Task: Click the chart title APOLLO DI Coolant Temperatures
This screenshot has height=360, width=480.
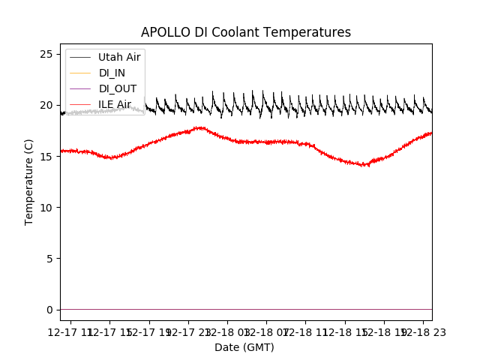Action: click(x=246, y=32)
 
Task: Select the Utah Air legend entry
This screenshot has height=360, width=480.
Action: click(x=119, y=57)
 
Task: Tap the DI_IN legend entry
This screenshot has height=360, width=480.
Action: click(x=112, y=73)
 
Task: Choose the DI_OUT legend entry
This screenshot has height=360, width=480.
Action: click(x=116, y=88)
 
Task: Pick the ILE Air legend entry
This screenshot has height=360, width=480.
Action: click(x=114, y=104)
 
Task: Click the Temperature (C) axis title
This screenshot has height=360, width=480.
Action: click(x=29, y=181)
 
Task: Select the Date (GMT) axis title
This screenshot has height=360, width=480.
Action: click(x=244, y=347)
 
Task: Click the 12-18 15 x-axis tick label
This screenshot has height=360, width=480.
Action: click(x=345, y=331)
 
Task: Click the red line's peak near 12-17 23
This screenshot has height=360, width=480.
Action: click(x=199, y=127)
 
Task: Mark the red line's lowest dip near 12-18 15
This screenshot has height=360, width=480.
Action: click(x=364, y=165)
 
